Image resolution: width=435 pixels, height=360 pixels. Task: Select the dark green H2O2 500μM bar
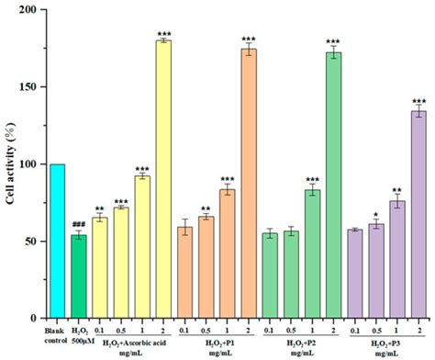point(79,276)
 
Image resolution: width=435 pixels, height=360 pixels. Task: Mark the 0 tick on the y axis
point(39,319)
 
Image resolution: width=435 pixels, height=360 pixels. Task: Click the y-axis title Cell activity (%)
point(12,165)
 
